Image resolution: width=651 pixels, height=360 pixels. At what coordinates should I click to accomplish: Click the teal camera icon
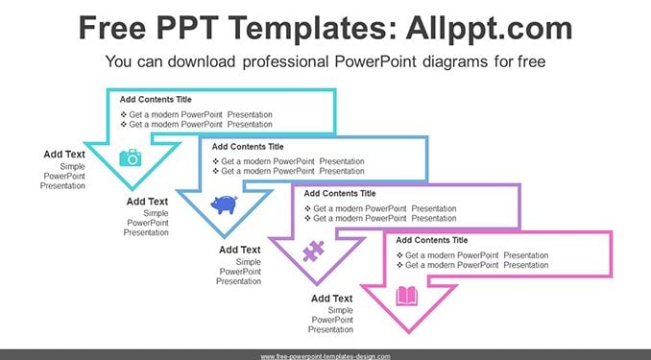pyautogui.click(x=131, y=157)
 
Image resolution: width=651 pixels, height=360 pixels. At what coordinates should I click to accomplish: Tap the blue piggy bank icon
pyautogui.click(x=224, y=204)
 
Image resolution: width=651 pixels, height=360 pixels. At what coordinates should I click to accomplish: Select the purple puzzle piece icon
pyautogui.click(x=313, y=252)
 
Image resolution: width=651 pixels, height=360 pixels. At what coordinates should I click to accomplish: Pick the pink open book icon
pyautogui.click(x=407, y=296)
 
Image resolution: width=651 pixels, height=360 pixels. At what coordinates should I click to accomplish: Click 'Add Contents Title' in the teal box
pyautogui.click(x=156, y=100)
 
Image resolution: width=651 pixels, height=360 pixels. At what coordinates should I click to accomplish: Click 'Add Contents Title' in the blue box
pyautogui.click(x=248, y=147)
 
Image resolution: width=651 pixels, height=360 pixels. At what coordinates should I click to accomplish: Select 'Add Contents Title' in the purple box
pyautogui.click(x=340, y=194)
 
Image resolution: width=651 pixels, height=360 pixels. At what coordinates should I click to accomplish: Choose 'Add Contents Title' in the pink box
pyautogui.click(x=432, y=240)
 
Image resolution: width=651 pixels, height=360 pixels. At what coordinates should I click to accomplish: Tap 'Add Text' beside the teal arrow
pyautogui.click(x=64, y=155)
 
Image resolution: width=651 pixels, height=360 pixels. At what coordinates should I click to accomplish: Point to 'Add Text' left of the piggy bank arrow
pyautogui.click(x=148, y=202)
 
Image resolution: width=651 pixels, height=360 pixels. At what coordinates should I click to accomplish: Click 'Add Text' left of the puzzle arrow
pyautogui.click(x=240, y=250)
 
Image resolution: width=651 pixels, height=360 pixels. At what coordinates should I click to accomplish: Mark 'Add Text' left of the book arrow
pyautogui.click(x=332, y=299)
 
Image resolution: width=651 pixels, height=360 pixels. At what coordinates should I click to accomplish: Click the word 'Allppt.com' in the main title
pyautogui.click(x=489, y=28)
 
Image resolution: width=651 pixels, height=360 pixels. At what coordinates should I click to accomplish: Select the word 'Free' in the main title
pyautogui.click(x=112, y=28)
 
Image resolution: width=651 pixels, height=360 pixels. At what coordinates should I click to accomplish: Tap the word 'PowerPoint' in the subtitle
pyautogui.click(x=375, y=61)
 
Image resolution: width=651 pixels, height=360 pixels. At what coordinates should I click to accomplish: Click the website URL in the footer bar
pyautogui.click(x=325, y=356)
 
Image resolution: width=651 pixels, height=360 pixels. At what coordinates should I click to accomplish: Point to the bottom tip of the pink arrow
pyautogui.click(x=409, y=332)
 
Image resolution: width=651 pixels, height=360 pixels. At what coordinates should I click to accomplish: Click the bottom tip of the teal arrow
pyautogui.click(x=133, y=189)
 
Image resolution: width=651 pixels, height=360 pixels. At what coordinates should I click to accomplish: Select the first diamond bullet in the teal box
pyautogui.click(x=123, y=114)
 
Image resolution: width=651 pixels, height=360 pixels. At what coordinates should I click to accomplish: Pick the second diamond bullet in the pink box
pyautogui.click(x=399, y=265)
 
